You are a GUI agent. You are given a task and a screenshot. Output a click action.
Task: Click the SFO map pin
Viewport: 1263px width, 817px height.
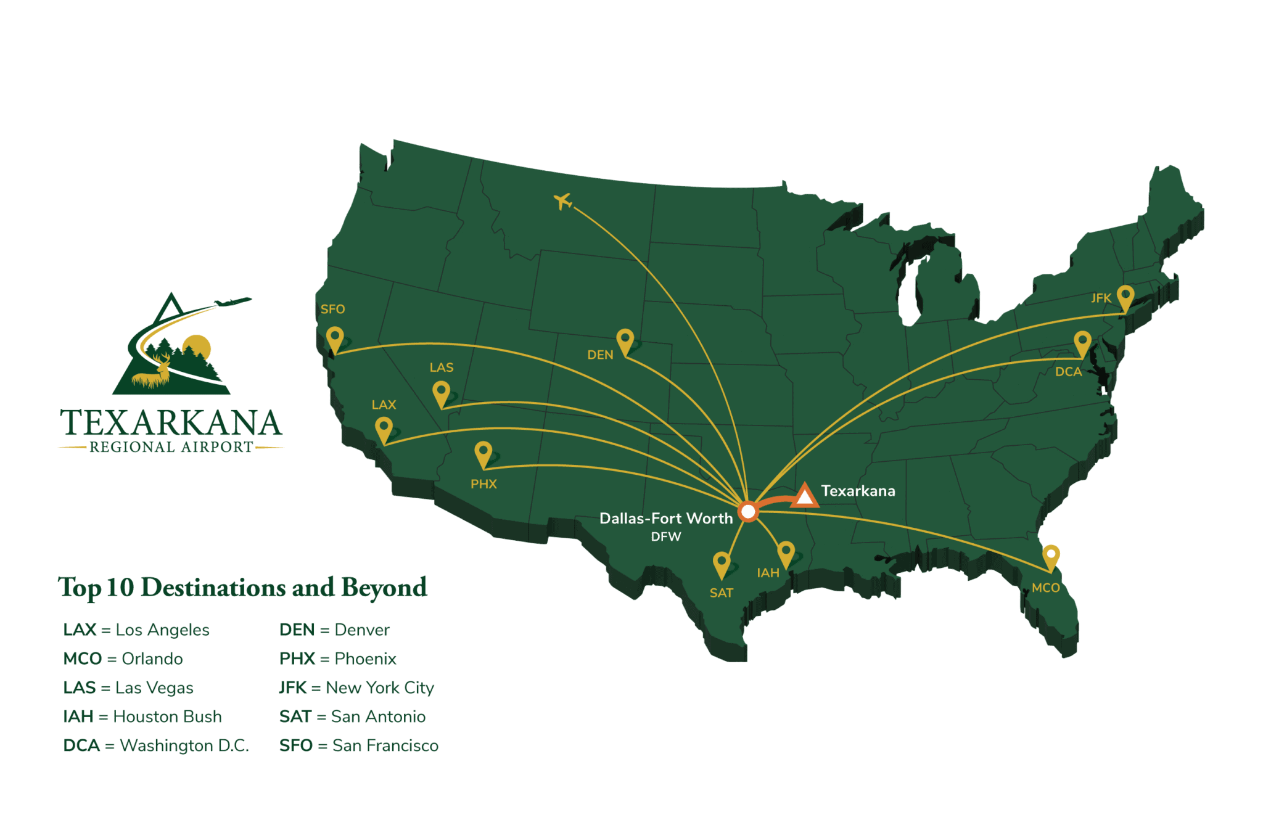click(x=335, y=339)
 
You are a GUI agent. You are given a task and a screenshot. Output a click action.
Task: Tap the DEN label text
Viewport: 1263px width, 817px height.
click(x=600, y=355)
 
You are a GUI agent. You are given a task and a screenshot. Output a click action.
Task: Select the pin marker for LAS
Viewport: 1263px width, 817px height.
click(x=441, y=392)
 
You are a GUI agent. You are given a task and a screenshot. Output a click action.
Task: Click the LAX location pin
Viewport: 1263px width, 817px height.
click(x=384, y=428)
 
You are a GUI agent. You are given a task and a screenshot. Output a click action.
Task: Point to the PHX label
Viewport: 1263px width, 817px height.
click(x=483, y=484)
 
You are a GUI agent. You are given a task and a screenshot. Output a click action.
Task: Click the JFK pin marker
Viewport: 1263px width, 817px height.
click(x=1125, y=297)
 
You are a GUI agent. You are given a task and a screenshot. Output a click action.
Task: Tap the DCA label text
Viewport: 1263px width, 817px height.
click(x=1068, y=372)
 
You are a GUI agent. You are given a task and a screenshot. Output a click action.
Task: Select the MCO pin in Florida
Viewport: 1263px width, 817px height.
click(x=1051, y=556)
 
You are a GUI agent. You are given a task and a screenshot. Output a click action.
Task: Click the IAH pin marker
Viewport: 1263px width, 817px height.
click(x=786, y=552)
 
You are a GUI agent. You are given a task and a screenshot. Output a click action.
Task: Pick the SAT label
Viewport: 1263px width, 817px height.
click(x=721, y=593)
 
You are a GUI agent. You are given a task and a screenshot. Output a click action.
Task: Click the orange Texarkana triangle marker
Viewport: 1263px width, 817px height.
click(x=805, y=496)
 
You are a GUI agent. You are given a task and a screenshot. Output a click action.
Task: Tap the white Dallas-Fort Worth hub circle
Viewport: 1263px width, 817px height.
click(x=748, y=512)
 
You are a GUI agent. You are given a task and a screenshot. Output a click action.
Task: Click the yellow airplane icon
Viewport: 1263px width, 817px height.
click(x=562, y=200)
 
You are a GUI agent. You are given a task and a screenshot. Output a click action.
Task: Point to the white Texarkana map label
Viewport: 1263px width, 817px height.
click(x=858, y=491)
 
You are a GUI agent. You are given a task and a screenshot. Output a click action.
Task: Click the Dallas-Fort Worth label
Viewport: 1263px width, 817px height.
click(x=666, y=519)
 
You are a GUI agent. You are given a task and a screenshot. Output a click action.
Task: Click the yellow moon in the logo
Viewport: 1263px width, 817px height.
click(x=197, y=347)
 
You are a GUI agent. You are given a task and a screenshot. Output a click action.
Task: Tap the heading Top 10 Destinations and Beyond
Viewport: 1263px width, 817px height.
click(x=242, y=587)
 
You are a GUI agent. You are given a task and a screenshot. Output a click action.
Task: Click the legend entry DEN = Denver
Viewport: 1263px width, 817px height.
click(x=334, y=630)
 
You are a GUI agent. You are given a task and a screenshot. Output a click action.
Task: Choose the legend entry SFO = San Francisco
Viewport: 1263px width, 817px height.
click(x=359, y=746)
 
